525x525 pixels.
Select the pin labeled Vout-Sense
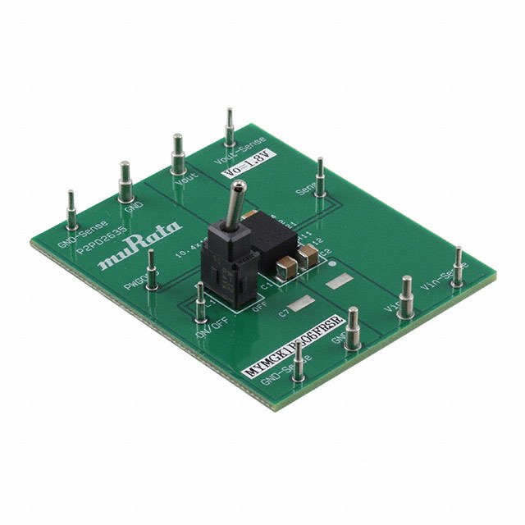coord(230,131)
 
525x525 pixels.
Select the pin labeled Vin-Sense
coord(458,267)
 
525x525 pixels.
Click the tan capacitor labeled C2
coord(308,259)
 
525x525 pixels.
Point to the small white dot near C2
coord(331,264)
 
